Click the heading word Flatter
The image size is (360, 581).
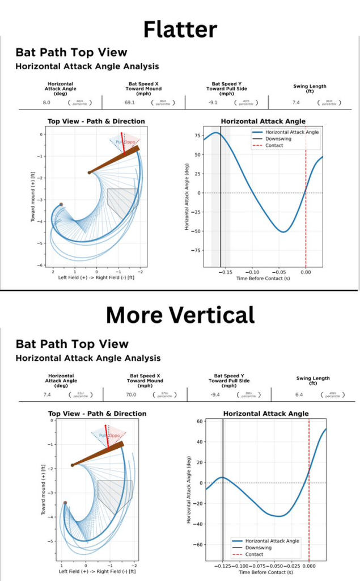tap(180, 29)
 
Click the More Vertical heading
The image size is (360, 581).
tap(180, 314)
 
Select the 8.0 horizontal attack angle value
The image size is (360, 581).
tap(47, 102)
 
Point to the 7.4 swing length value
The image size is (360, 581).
tap(295, 102)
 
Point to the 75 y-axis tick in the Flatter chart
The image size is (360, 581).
tap(197, 136)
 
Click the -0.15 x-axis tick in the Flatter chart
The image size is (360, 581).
tap(226, 272)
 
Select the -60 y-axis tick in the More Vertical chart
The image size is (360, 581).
tap(198, 545)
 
